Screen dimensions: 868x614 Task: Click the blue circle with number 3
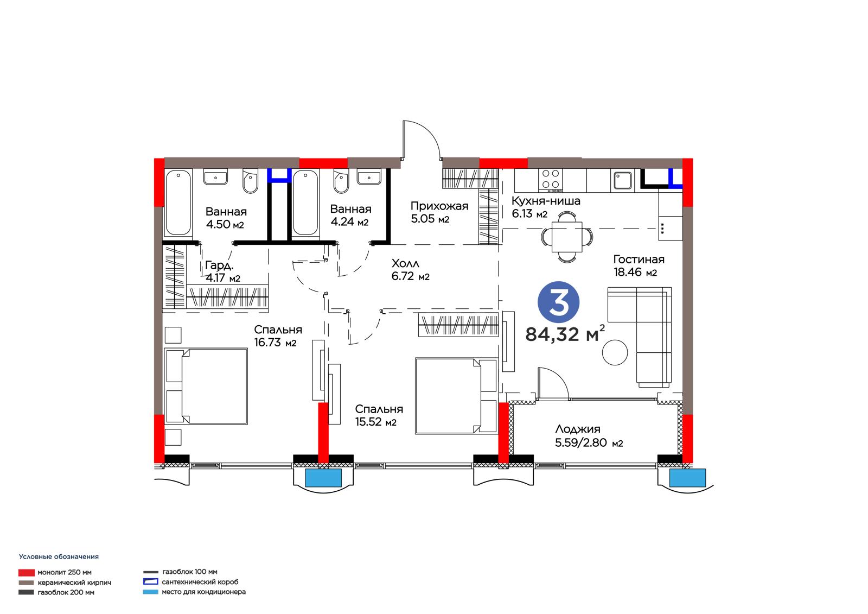click(558, 302)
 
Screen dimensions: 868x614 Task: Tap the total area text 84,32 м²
click(565, 334)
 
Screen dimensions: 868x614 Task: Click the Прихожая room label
click(439, 206)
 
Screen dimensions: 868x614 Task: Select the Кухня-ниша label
click(546, 201)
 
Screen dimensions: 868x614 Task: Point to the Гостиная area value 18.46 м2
click(635, 273)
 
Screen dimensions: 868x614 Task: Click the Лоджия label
click(578, 429)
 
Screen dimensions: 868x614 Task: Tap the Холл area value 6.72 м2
click(410, 276)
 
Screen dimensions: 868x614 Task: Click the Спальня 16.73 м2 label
click(278, 336)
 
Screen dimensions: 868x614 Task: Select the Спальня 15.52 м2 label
click(379, 415)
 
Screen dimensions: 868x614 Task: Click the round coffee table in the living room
click(615, 352)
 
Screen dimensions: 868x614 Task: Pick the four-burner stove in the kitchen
click(551, 180)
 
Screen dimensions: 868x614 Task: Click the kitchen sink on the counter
click(623, 181)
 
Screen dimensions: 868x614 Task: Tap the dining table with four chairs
click(567, 236)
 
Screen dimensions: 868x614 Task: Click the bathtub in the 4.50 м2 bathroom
click(178, 203)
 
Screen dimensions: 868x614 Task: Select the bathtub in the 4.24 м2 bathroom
click(305, 203)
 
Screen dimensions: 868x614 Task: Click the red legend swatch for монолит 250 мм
click(27, 573)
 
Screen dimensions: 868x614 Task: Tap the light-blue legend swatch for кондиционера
click(150, 592)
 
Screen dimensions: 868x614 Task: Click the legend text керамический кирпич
click(74, 583)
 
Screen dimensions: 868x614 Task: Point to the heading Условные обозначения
click(59, 556)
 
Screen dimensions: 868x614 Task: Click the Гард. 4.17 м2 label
click(223, 271)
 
